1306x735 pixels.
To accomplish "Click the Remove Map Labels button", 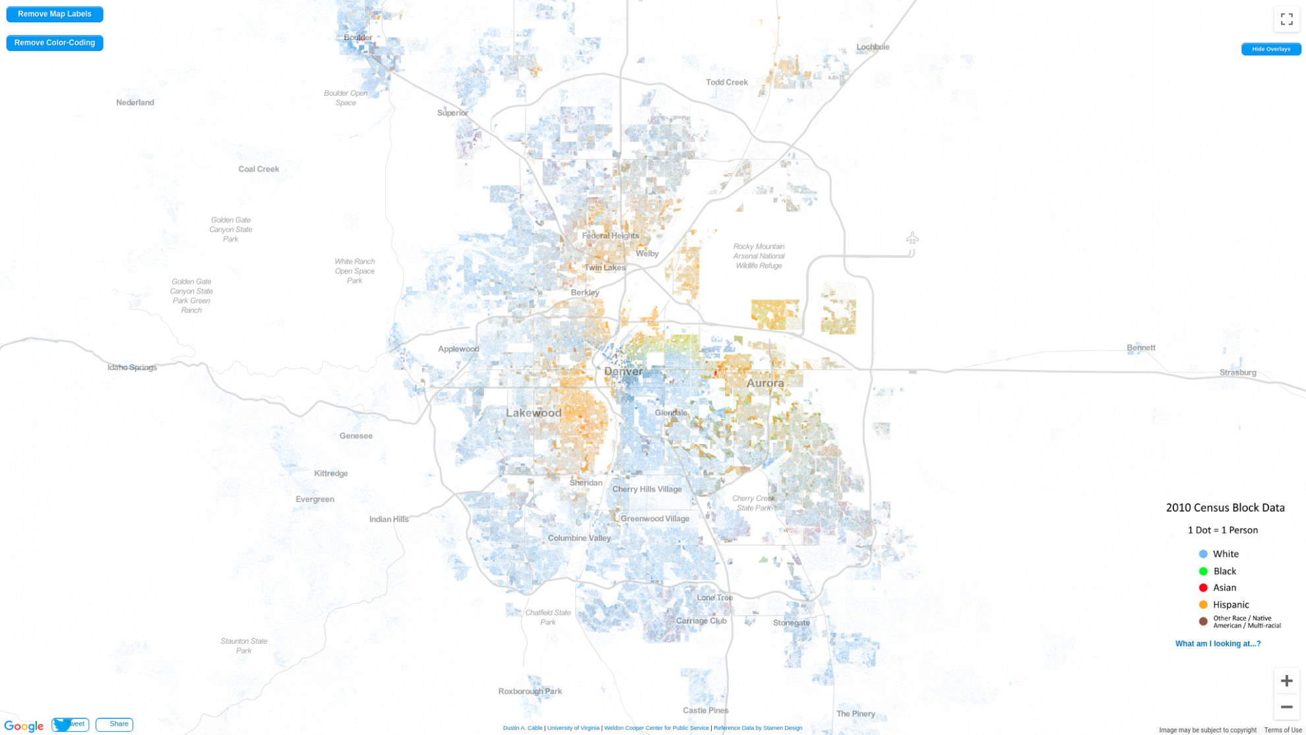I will coord(55,14).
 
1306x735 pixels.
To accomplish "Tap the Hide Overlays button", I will coord(1270,49).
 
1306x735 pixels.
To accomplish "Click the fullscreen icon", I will coord(1286,19).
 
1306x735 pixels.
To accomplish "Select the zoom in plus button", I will coord(1286,680).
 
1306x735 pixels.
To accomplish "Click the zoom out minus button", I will coord(1286,707).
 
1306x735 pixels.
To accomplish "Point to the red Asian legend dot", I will coord(1203,588).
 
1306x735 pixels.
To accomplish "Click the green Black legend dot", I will coord(1203,571).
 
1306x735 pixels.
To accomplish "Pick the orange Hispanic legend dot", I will coord(1203,604).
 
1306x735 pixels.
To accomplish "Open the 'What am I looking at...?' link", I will coord(1218,643).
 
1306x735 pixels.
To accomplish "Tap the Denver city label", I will coord(623,371).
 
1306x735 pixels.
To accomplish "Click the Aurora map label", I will coord(764,383).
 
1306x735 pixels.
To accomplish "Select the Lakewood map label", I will coord(534,413).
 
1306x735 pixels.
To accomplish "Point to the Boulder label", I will coord(358,38).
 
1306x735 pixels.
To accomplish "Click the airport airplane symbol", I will coord(912,238).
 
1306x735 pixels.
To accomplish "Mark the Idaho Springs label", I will coord(132,367).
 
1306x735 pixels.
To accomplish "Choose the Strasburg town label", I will coord(1237,373).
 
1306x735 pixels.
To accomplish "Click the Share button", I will coord(115,724).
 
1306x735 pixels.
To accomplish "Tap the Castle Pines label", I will coord(705,711).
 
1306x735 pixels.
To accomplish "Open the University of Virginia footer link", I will coord(573,728).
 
